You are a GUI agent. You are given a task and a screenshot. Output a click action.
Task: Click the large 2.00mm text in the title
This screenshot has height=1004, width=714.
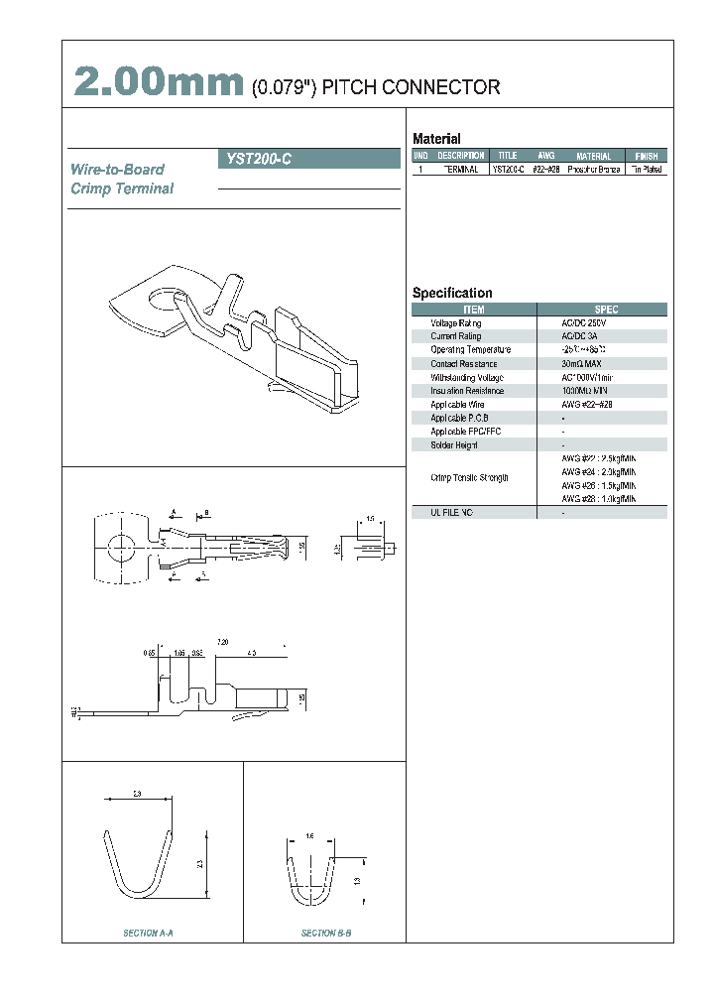click(x=159, y=83)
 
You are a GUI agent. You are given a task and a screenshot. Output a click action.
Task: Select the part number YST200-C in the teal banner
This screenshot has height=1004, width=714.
click(x=259, y=158)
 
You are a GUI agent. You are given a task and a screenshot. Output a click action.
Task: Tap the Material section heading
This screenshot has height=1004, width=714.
click(x=436, y=139)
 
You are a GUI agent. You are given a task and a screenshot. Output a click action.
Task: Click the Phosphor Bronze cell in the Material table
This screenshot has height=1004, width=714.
click(x=593, y=170)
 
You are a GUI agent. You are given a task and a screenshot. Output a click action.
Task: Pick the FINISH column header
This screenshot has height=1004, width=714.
click(x=646, y=156)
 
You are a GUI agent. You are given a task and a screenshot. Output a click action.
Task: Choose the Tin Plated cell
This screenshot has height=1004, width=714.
click(x=646, y=170)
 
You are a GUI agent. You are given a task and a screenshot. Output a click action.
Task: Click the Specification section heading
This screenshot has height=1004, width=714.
click(x=452, y=293)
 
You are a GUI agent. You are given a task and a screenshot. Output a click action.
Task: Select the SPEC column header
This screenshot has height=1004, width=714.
click(x=605, y=310)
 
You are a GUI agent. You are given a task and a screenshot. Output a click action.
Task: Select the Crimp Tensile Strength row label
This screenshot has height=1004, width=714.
click(x=469, y=478)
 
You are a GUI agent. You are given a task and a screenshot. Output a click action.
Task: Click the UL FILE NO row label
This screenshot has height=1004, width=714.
click(x=452, y=512)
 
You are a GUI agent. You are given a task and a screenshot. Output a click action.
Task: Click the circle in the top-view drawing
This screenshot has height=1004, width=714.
click(x=123, y=544)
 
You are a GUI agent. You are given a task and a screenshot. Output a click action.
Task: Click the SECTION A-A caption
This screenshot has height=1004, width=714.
click(x=149, y=934)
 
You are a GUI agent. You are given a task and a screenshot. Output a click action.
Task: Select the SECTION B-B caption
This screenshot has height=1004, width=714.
click(x=326, y=934)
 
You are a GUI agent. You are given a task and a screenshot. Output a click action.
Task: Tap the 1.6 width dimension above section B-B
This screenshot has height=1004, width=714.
click(x=309, y=836)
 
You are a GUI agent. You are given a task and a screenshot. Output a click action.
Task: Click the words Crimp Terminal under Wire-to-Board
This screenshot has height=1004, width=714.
click(x=122, y=188)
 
